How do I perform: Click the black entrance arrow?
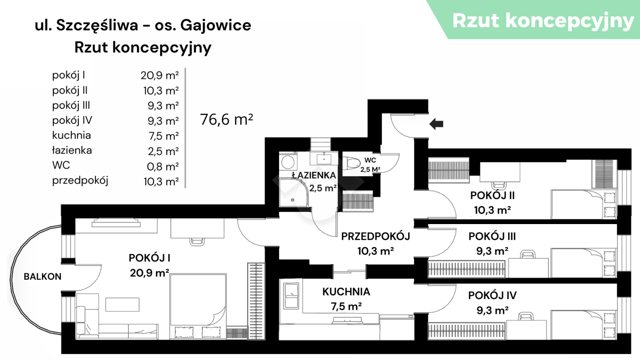pos(436,124)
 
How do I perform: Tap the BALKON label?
pos(42,277)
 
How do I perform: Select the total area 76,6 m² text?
pos(226,120)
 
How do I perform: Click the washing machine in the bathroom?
pos(288,163)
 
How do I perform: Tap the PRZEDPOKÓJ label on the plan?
pos(376,236)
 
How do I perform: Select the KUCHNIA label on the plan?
pos(346,292)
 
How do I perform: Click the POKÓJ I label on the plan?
pos(150,258)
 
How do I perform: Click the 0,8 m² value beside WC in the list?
pos(163,166)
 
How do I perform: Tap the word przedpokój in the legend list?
pos(80,181)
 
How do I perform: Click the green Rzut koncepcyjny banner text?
pos(543,21)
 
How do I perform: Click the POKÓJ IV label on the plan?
pos(492,295)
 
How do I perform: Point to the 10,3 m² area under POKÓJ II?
pos(492,210)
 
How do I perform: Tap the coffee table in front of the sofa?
pos(122,304)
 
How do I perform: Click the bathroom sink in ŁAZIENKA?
pos(324,159)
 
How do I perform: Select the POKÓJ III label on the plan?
pos(492,236)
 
